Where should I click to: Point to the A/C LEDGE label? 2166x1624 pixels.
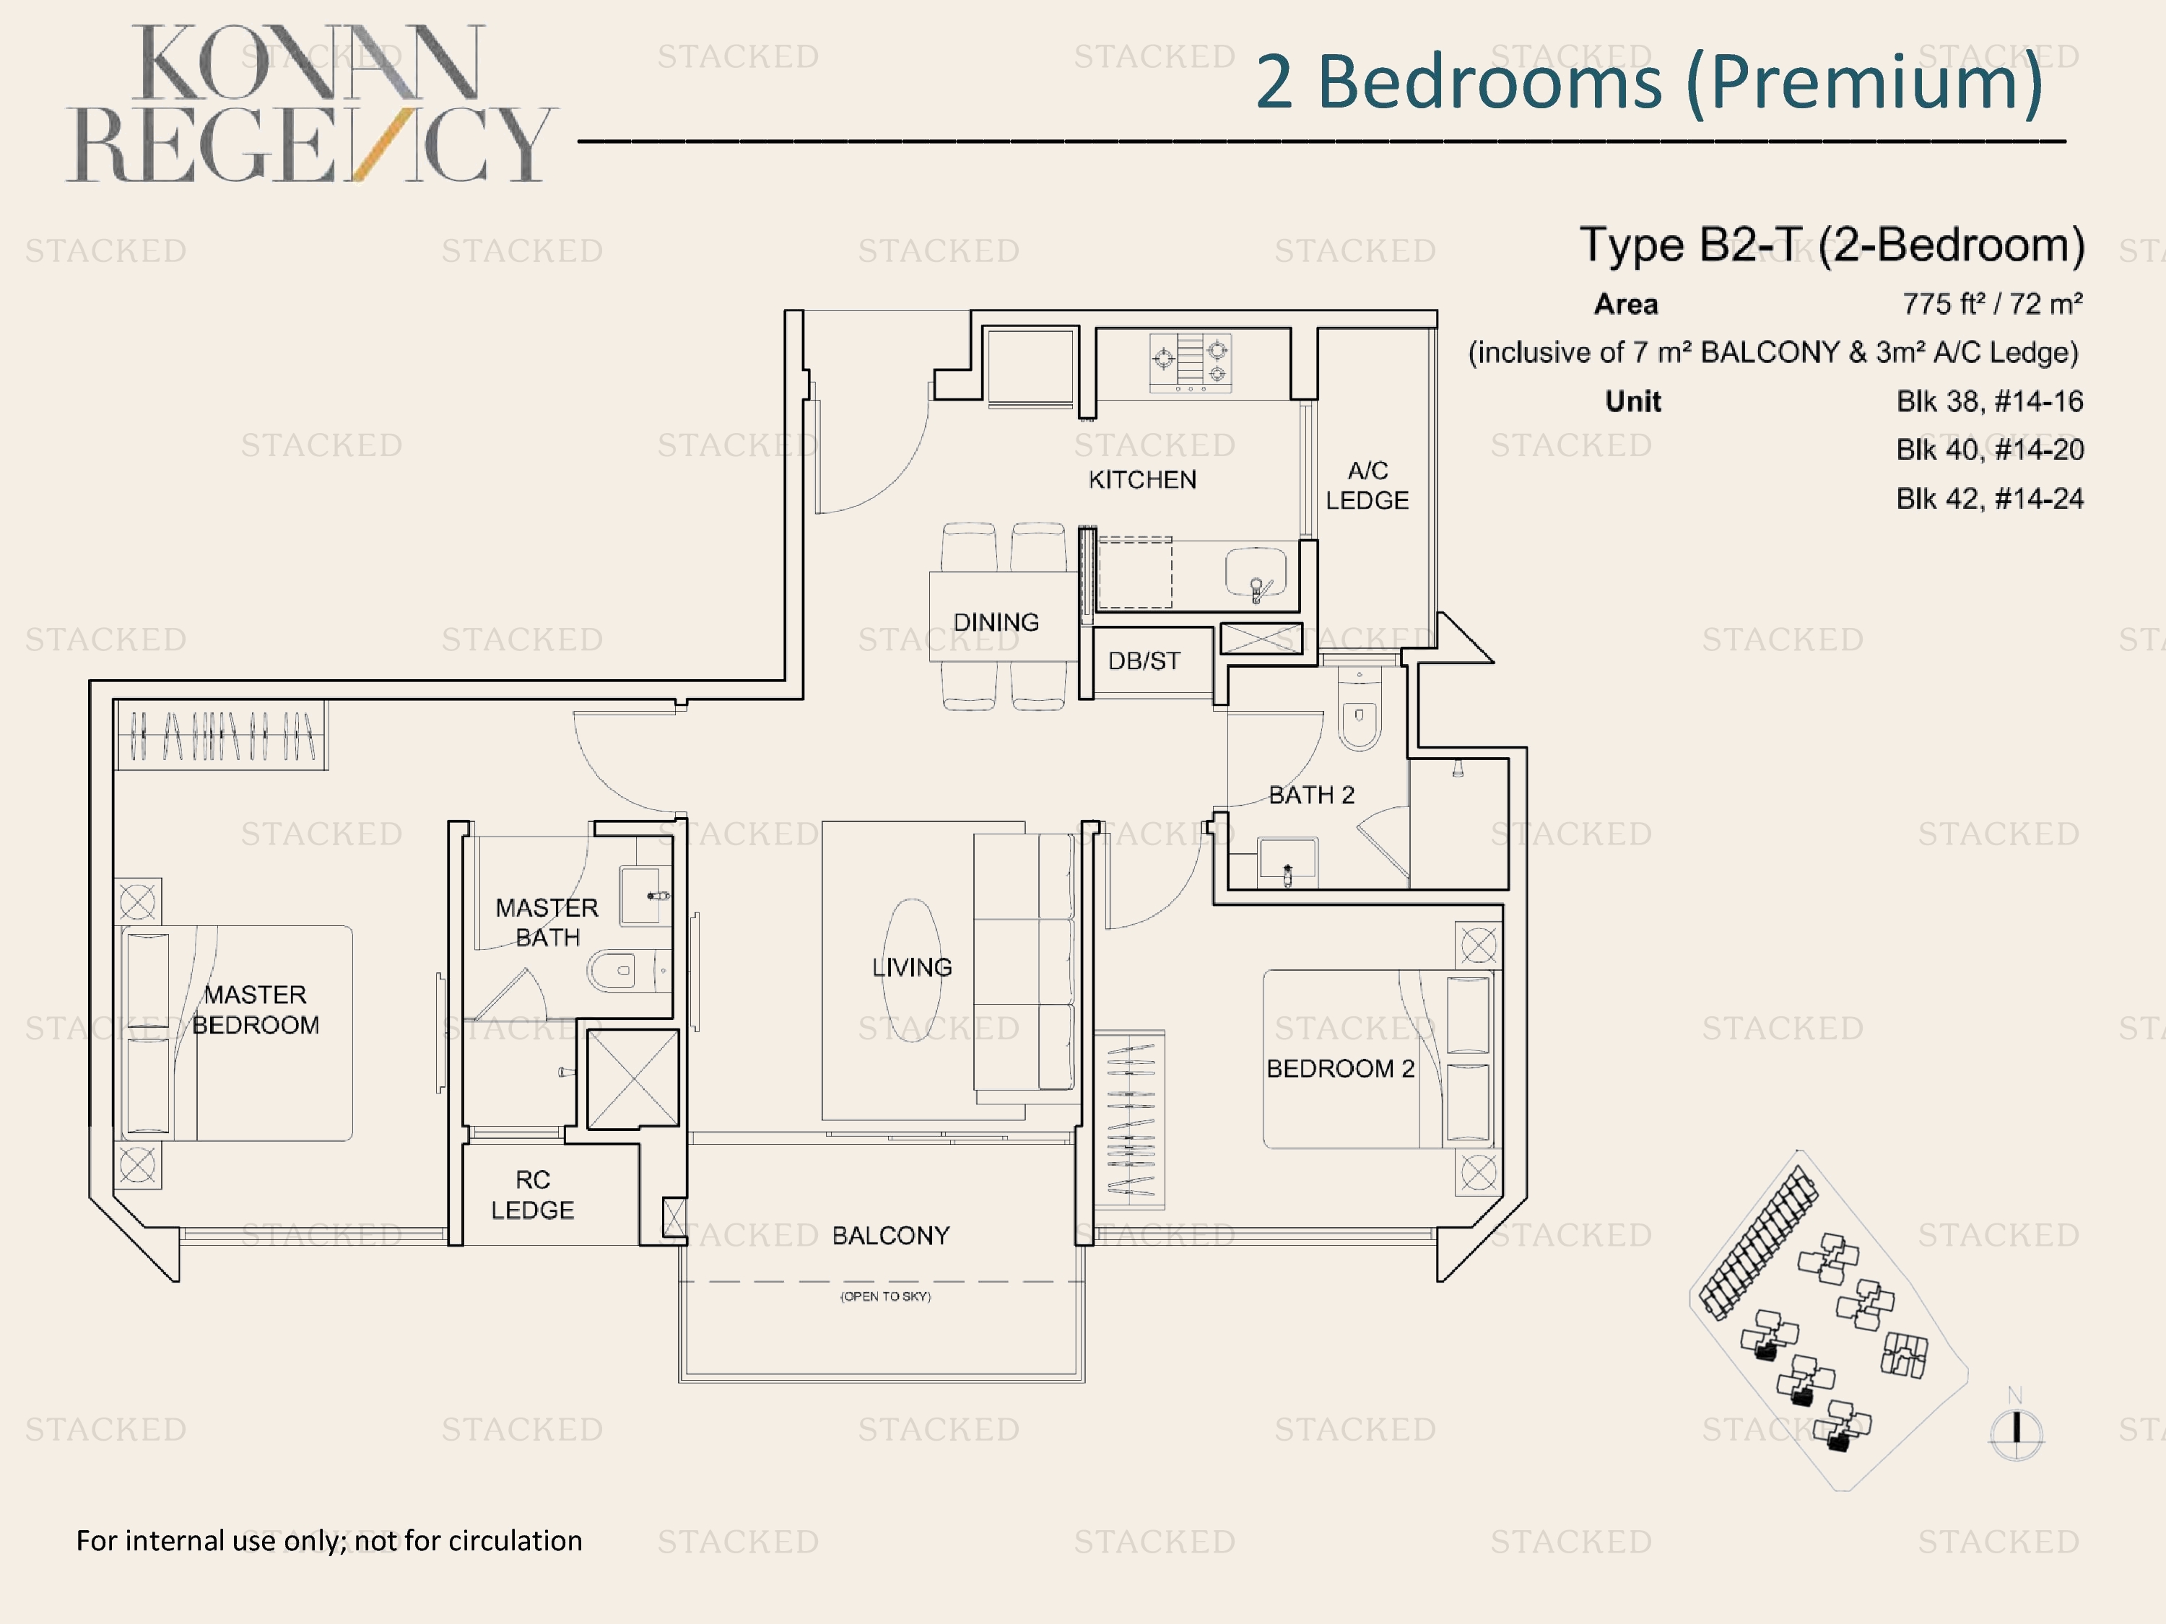1367,486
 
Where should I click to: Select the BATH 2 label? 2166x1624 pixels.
1311,795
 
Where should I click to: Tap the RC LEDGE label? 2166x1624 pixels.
533,1195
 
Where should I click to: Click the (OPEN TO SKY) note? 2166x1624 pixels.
885,1296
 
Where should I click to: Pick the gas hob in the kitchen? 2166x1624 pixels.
1190,362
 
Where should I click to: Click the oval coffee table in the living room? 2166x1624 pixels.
913,971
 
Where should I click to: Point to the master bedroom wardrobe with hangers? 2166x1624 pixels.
222,735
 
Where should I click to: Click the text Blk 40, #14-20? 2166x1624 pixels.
1990,450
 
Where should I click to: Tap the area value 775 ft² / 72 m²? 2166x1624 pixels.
1993,305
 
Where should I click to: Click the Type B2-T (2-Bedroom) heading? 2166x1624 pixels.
1832,245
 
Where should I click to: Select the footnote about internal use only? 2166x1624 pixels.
329,1541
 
